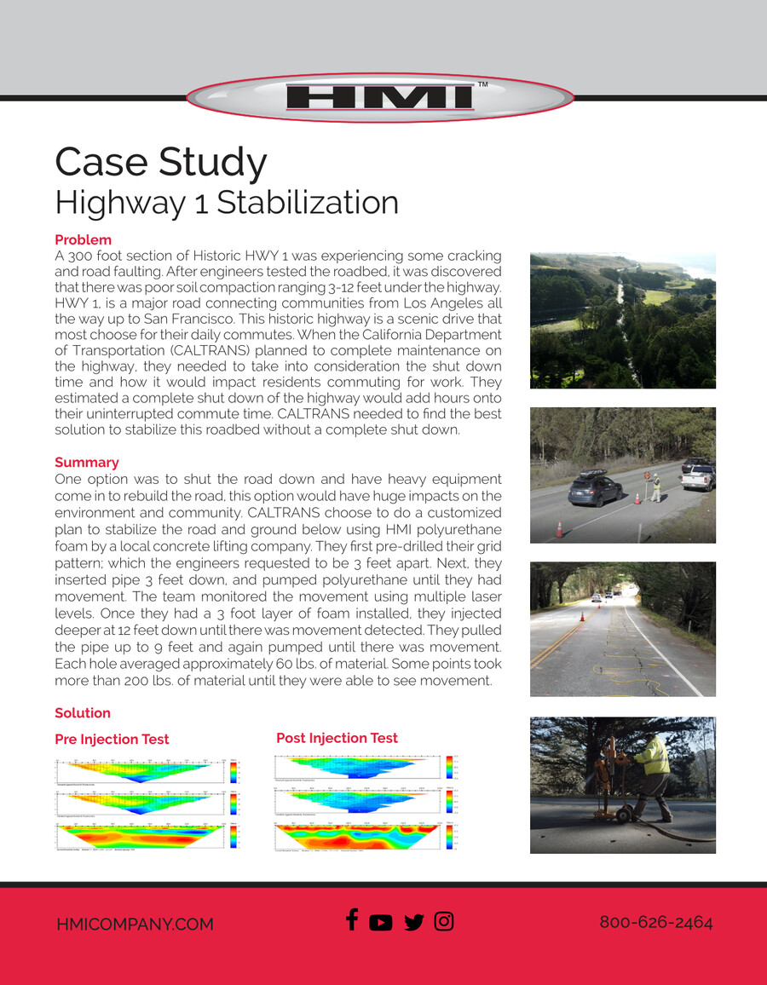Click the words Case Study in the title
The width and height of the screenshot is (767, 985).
[x=161, y=161]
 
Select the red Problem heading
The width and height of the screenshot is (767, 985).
[x=83, y=240]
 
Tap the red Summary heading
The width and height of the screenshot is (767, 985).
[x=86, y=463]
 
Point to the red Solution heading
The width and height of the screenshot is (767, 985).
[x=83, y=713]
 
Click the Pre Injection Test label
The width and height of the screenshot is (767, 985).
[x=112, y=740]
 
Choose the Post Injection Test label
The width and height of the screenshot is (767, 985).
[x=337, y=738]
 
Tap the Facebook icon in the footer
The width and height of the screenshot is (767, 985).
[x=351, y=920]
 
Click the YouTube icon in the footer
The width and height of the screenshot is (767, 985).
[x=381, y=923]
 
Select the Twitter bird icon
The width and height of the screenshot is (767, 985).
[x=413, y=923]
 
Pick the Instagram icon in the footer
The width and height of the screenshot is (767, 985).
[x=444, y=921]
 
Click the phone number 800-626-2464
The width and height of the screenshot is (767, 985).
[x=655, y=923]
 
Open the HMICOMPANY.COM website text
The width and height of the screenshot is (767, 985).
[x=135, y=925]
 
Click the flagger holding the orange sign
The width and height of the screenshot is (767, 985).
[x=655, y=486]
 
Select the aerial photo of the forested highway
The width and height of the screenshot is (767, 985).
[x=622, y=320]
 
